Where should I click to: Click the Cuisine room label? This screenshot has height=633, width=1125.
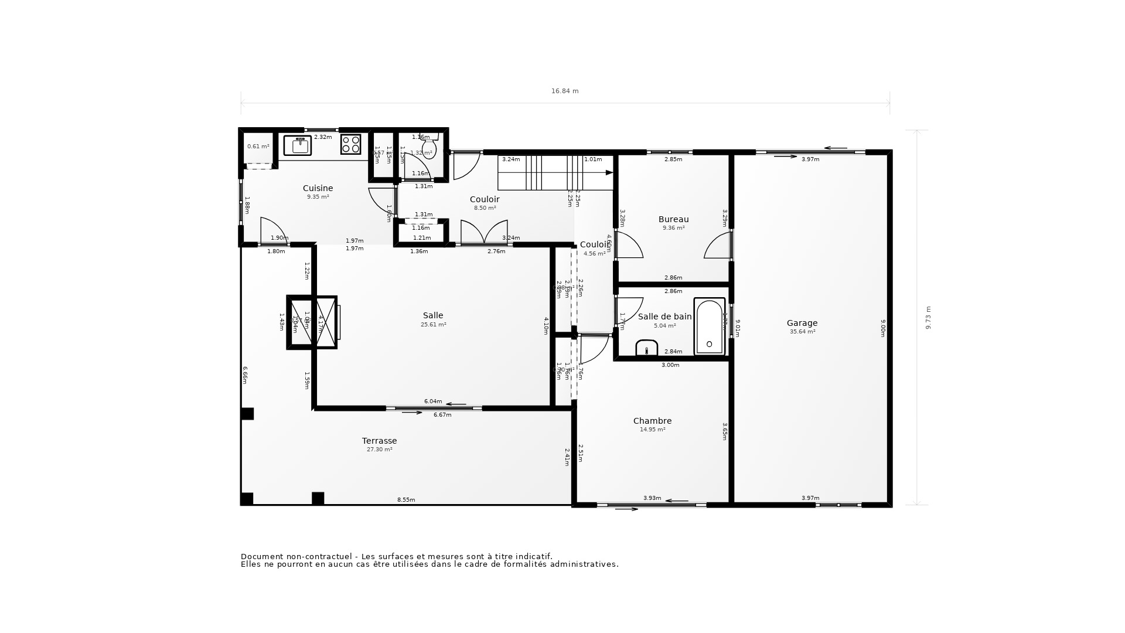[x=318, y=188]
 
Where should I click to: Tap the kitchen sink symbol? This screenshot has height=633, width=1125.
[x=298, y=145]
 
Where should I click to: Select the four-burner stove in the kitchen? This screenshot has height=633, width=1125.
[x=350, y=144]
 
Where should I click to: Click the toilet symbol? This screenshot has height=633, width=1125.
[x=429, y=148]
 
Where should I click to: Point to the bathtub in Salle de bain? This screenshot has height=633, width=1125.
[x=710, y=326]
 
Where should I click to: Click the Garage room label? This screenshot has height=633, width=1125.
[x=802, y=323]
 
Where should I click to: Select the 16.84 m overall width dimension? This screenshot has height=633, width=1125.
[x=565, y=91]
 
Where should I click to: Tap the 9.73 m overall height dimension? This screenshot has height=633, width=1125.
[x=928, y=318]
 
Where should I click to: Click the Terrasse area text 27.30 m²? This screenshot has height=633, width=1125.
[x=379, y=450]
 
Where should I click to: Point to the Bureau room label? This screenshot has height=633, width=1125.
[x=673, y=219]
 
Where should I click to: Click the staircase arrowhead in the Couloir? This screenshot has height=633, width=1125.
[x=609, y=172]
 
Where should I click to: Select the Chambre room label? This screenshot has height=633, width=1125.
[x=652, y=421]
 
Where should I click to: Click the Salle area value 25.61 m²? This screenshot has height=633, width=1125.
[x=433, y=325]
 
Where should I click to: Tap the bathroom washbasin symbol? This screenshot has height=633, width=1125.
[x=646, y=348]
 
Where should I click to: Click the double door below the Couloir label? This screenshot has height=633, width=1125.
[x=484, y=232]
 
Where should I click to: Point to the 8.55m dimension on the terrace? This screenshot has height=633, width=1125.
[x=406, y=500]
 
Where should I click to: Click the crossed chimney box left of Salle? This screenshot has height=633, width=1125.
[x=312, y=322]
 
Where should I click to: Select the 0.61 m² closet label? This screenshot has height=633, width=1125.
[x=258, y=147]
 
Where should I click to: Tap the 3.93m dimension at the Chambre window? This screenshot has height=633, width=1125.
[x=652, y=498]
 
